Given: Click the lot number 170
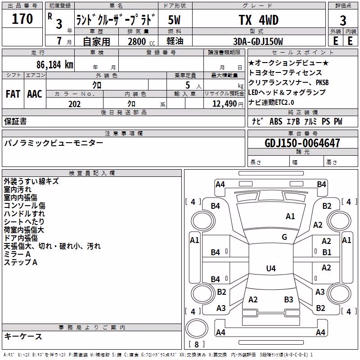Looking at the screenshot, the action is point(22,18).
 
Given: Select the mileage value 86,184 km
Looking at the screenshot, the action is point(54,65).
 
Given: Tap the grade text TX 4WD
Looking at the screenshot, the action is point(259,20).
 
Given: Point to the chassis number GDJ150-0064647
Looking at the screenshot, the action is point(302,143).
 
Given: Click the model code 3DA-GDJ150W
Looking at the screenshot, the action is point(258,41).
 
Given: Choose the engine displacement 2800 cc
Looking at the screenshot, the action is point(141,41).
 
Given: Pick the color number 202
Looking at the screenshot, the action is point(75,104).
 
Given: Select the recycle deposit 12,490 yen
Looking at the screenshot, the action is point(228,104).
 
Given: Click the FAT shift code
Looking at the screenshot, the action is point(13,94).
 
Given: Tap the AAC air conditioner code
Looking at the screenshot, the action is point(35,94).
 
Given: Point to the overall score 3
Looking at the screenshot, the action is point(343,20).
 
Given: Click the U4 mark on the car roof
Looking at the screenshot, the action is point(271,268).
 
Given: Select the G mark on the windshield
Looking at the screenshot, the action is point(284,237).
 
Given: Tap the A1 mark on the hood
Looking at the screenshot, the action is point(290,216).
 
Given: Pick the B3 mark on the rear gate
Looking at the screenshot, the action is point(288,300).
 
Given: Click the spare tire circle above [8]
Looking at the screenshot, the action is point(197,328).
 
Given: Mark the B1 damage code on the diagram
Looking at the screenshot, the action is point(327,252).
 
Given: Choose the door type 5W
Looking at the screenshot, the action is point(174,20).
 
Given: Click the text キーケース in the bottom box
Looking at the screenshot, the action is point(23,337).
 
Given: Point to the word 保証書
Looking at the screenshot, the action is point(15,121).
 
